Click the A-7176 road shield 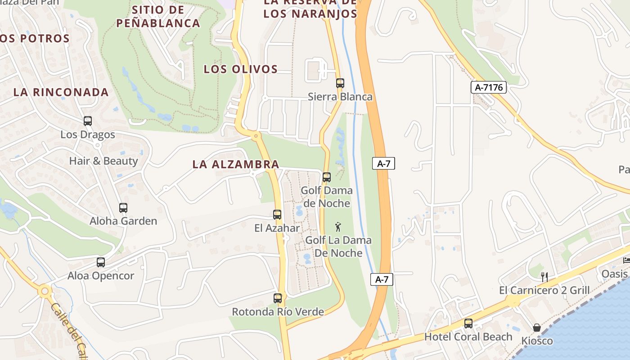[489, 87]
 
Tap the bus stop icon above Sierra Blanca [340, 83]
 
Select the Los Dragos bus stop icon [87, 121]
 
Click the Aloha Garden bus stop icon [123, 207]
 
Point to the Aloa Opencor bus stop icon [100, 262]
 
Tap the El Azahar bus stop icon [277, 215]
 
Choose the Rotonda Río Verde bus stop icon [277, 298]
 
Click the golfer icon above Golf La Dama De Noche [338, 227]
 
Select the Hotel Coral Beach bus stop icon [468, 323]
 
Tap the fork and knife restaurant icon [544, 276]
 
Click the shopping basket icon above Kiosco [537, 327]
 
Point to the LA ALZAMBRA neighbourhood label [236, 164]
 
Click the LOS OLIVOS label [241, 69]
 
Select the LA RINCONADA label [61, 92]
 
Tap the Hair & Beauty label [103, 161]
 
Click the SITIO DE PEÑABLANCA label [158, 16]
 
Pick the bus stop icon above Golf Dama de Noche [327, 177]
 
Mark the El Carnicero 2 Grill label [544, 290]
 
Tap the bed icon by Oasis [626, 260]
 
